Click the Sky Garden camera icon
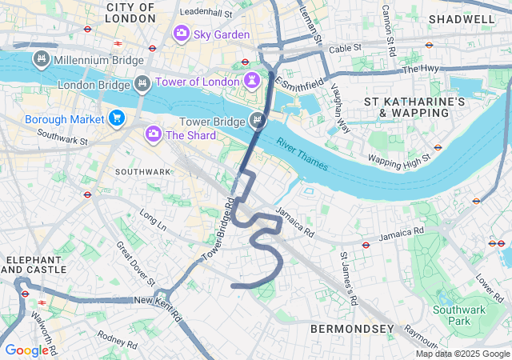pyautogui.click(x=181, y=34)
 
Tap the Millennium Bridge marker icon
pyautogui.click(x=42, y=59)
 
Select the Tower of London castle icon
pyautogui.click(x=252, y=82)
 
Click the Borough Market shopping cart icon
pyautogui.click(x=117, y=118)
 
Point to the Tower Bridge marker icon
pyautogui.click(x=258, y=121)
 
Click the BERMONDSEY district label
pyautogui.click(x=352, y=329)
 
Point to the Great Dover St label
pyautogui.click(x=135, y=263)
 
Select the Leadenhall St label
pyautogui.click(x=206, y=13)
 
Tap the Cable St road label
pyautogui.click(x=345, y=48)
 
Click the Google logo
pyautogui.click(x=26, y=350)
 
